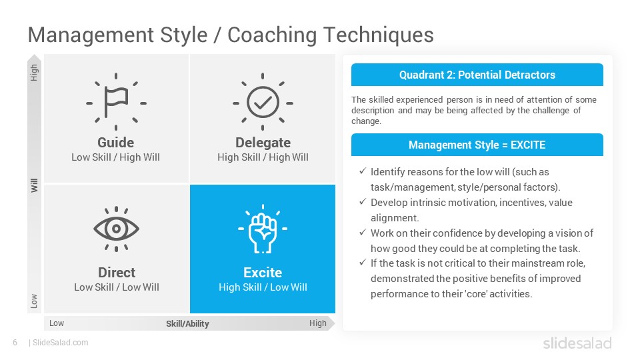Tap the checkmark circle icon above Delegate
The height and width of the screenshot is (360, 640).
pyautogui.click(x=263, y=102)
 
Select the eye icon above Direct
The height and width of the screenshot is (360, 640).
pyautogui.click(x=116, y=229)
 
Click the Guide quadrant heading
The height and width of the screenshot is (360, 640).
pyautogui.click(x=115, y=143)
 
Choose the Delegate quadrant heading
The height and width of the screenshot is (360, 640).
pyautogui.click(x=263, y=143)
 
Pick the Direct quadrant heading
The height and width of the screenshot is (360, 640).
pyautogui.click(x=116, y=272)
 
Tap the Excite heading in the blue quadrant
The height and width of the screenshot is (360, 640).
pyautogui.click(x=263, y=272)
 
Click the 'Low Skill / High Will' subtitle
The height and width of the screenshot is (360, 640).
pyautogui.click(x=115, y=157)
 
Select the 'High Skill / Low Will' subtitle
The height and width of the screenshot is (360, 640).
pyautogui.click(x=263, y=287)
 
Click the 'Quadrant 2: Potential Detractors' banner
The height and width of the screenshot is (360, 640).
pyautogui.click(x=477, y=75)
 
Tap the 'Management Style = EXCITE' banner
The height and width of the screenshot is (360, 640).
pyautogui.click(x=477, y=145)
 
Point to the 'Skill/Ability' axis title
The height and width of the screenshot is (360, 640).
pyautogui.click(x=187, y=324)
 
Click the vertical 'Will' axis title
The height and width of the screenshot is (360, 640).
pyautogui.click(x=34, y=185)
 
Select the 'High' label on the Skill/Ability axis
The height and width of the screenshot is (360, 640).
pyautogui.click(x=317, y=323)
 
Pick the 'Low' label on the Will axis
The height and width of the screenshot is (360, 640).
pyautogui.click(x=34, y=301)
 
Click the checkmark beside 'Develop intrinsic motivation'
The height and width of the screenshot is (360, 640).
pyautogui.click(x=363, y=201)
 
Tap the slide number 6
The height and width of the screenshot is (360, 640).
pyautogui.click(x=15, y=343)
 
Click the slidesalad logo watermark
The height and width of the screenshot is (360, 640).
pyautogui.click(x=577, y=343)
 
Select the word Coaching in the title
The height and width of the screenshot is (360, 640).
pyautogui.click(x=272, y=35)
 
